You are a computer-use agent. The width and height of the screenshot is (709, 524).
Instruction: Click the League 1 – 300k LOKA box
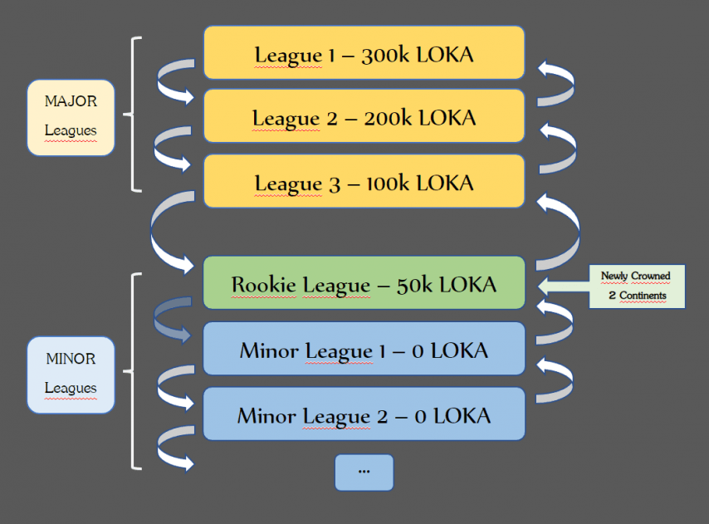[x=364, y=53]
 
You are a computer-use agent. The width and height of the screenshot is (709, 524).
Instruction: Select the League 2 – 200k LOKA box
[x=364, y=117]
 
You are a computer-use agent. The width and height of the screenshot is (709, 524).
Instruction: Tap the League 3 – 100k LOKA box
[x=364, y=181]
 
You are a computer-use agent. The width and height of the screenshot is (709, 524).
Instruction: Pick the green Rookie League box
[x=364, y=283]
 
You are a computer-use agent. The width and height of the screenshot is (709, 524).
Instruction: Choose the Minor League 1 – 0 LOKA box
[x=364, y=349]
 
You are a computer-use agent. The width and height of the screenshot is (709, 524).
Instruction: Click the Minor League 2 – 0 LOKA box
[x=364, y=414]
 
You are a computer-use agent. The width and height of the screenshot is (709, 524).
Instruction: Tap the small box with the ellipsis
[x=364, y=472]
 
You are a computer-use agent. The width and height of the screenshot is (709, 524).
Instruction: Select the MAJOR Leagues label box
[x=71, y=117]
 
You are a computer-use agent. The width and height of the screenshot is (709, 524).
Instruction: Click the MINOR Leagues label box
[x=71, y=375]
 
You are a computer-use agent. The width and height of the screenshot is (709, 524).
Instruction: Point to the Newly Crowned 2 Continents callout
[x=636, y=286]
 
